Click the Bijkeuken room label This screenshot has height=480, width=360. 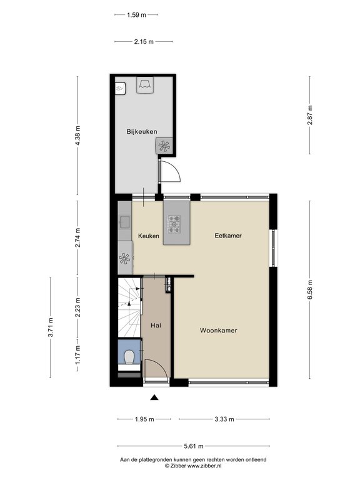point(142,132)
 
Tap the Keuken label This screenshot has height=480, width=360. point(149,236)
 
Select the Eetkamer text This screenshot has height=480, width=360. point(228,236)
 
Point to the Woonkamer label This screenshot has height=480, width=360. point(219,330)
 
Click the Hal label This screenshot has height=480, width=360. point(156,326)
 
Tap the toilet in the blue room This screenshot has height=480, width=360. point(129,357)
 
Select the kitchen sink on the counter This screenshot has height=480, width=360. point(125,222)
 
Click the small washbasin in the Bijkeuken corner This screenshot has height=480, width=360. point(120,89)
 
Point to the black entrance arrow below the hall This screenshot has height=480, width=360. point(154,397)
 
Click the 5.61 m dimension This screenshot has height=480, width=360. point(194,446)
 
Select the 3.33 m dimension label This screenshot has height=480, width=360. point(224,419)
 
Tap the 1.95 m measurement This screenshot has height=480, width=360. point(144,419)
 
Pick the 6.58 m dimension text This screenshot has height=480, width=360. point(310,290)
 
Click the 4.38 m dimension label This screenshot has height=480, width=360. point(77,136)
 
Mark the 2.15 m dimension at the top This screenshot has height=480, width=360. point(144,42)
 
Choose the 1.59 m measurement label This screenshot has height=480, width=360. point(136,15)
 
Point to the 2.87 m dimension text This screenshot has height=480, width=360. point(310,115)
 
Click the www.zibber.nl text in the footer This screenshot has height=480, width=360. point(204,466)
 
